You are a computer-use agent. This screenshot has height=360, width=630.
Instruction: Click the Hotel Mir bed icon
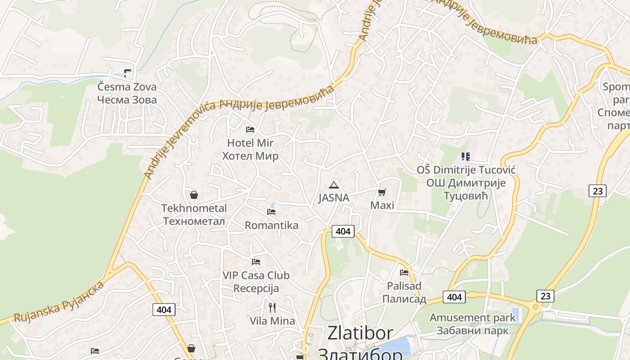[250, 130]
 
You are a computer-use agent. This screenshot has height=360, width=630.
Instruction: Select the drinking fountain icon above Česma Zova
[128, 72]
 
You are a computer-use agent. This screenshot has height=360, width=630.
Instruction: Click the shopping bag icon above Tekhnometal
[194, 195]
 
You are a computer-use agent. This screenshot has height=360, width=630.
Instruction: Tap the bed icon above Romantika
[271, 211]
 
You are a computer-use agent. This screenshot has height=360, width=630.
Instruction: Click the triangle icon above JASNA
[333, 184]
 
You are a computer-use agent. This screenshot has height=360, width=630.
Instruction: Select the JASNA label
[333, 198]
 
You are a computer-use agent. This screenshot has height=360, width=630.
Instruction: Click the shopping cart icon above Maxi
[382, 193]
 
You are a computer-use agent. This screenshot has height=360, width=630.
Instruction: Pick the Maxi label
[382, 206]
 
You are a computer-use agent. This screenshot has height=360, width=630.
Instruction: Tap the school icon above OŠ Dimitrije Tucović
[466, 157]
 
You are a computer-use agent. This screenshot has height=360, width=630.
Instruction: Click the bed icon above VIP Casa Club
[256, 261]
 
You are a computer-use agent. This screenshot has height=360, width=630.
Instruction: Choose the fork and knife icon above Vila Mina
[272, 308]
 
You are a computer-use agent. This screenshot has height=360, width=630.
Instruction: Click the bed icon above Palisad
[404, 272]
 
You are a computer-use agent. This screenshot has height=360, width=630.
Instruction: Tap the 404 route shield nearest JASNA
[343, 231]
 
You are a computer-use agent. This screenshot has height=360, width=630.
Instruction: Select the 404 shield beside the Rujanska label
[164, 310]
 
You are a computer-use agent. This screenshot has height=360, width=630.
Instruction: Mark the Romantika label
[271, 225]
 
